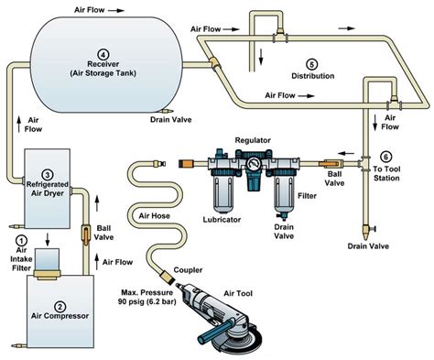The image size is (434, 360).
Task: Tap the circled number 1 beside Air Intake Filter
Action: pyautogui.click(x=21, y=240)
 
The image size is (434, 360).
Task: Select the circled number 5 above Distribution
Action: pyautogui.click(x=311, y=63)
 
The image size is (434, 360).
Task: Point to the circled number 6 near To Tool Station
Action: pyautogui.click(x=385, y=157)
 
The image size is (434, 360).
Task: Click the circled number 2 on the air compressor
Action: pyautogui.click(x=60, y=306)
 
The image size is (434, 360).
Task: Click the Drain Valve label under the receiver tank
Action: pyautogui.click(x=168, y=117)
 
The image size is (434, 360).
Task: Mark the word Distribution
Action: pyautogui.click(x=311, y=76)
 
